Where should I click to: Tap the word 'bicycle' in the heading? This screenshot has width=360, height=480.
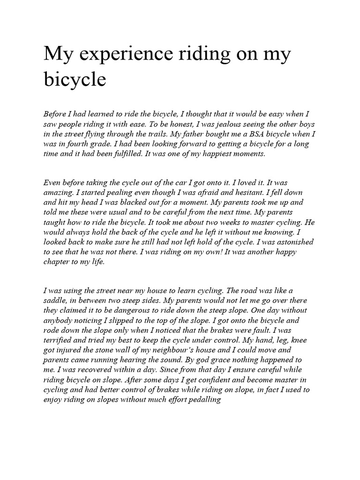(x=75, y=80)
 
